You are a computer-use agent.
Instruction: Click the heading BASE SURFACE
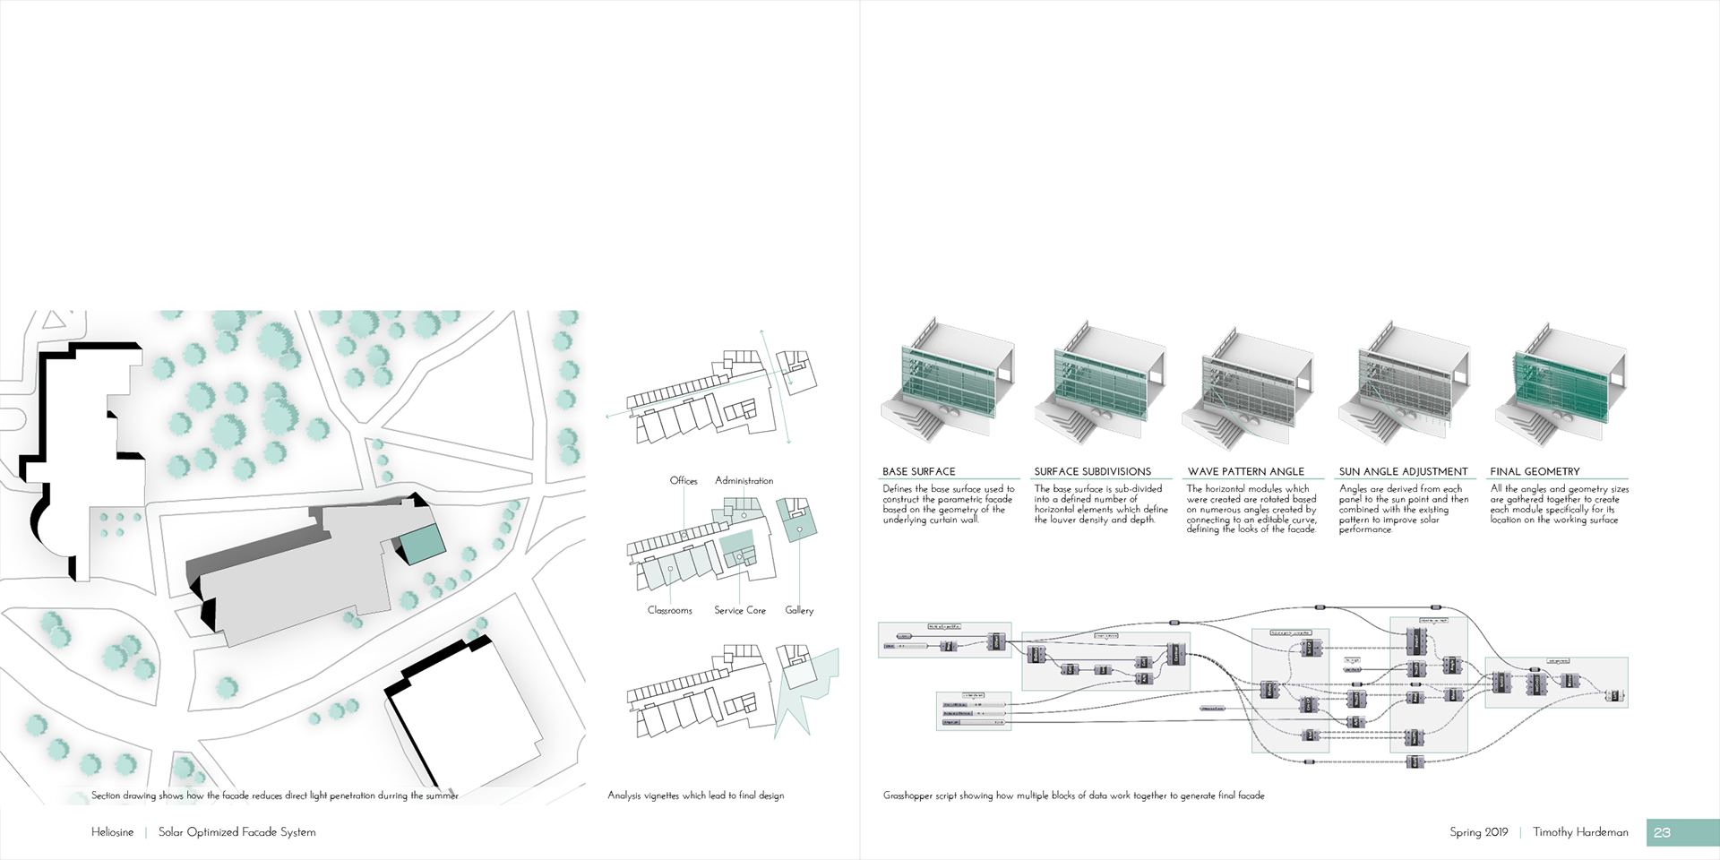click(918, 471)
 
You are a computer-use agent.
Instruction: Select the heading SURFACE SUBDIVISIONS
click(1092, 471)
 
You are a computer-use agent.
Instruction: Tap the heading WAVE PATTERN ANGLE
click(1245, 471)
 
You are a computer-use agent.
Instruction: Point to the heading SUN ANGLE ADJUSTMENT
click(1403, 471)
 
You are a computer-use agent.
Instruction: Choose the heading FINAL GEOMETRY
click(1535, 471)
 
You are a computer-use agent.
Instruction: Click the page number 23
click(1662, 832)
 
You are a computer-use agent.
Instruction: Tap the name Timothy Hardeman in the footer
click(1580, 832)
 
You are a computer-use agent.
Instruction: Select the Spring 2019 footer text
click(1478, 832)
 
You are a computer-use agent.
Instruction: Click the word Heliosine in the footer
click(112, 832)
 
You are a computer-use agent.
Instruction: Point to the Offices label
click(684, 481)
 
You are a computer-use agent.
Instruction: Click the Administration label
click(744, 481)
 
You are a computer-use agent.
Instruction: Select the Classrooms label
click(670, 610)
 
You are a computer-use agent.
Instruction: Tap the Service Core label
click(740, 610)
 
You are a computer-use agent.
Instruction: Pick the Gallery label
click(799, 610)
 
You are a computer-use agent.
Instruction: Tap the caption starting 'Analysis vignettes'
click(695, 795)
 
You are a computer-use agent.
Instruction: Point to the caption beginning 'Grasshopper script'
click(1073, 795)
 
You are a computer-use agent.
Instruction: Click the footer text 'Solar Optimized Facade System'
click(236, 832)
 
